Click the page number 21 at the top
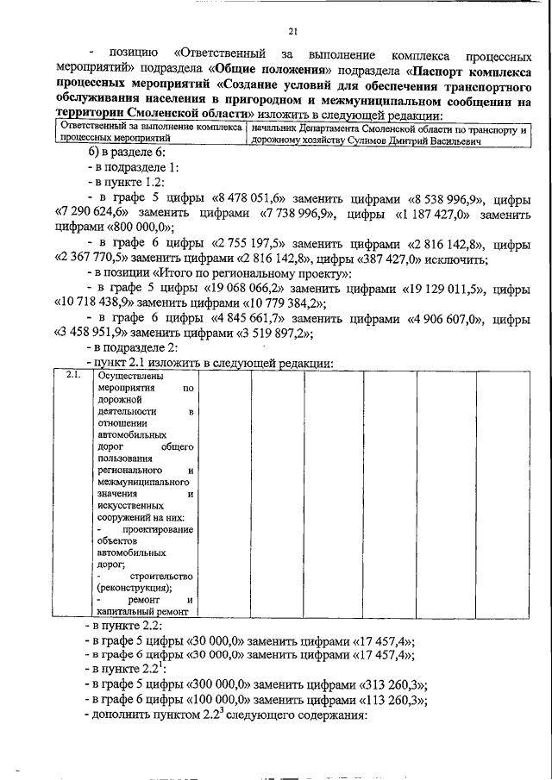pos(292,33)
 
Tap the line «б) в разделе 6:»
pos(126,152)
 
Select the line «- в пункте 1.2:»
pos(131,182)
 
